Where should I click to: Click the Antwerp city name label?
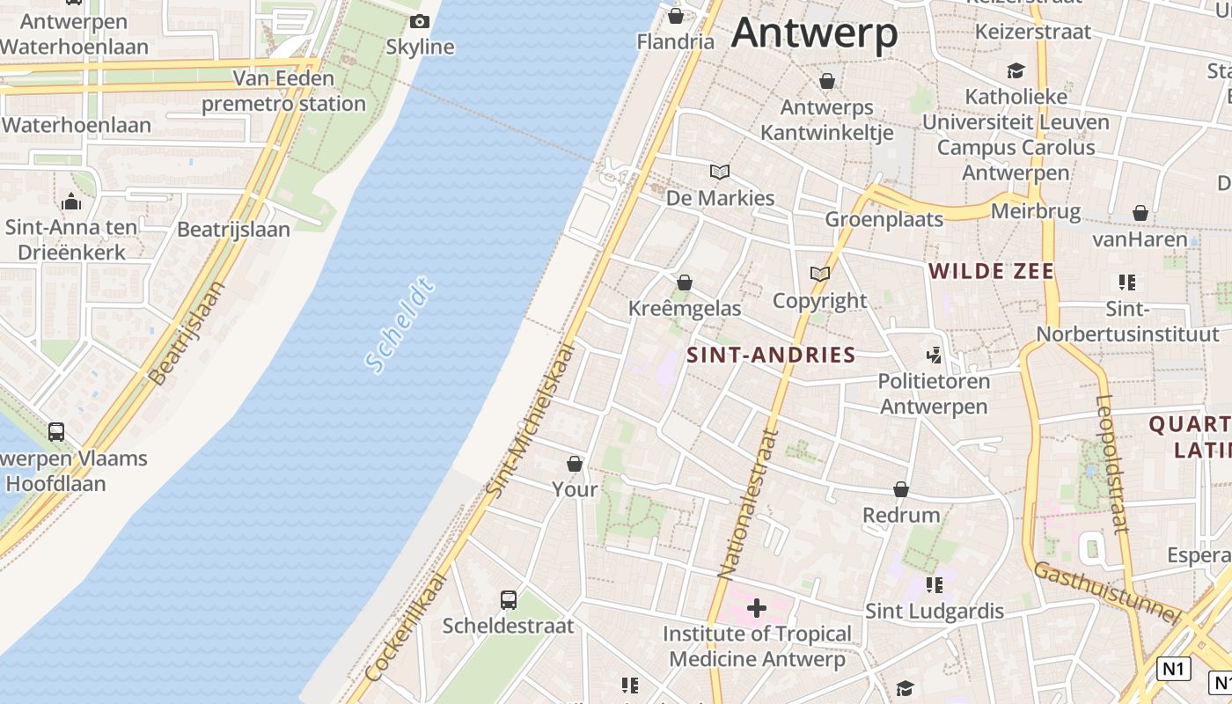[814, 33]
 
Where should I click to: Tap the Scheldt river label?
[400, 325]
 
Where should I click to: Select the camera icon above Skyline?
[420, 22]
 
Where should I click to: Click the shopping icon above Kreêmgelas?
[685, 282]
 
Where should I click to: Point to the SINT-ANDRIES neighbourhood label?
[771, 355]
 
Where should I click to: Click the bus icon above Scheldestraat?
[509, 600]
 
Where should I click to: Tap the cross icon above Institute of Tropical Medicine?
[757, 607]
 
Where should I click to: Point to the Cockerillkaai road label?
[406, 627]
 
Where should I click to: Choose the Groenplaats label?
[884, 219]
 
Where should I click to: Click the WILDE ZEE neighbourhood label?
[991, 271]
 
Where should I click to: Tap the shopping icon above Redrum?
[901, 489]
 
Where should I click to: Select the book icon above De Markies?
[720, 172]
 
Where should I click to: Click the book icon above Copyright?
[820, 275]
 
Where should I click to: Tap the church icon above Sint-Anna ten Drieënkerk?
[72, 202]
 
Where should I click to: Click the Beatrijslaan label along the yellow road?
[187, 332]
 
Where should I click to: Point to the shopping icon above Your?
[575, 464]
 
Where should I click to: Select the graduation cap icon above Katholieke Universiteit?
[1016, 70]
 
